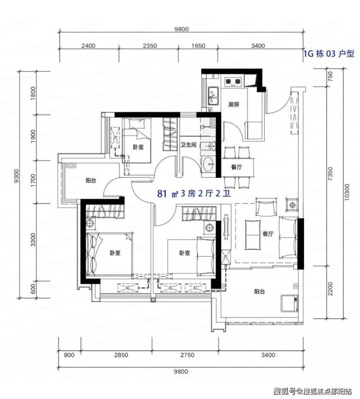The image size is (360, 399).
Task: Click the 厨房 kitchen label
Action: (234, 104)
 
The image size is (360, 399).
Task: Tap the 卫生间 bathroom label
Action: (188, 145)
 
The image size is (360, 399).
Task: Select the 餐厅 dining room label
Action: (236, 167)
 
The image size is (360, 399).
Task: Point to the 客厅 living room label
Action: (268, 234)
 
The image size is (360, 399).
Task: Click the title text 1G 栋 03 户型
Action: (328, 53)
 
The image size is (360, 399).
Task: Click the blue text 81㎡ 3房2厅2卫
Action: (194, 194)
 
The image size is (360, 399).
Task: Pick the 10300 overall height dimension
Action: (347, 192)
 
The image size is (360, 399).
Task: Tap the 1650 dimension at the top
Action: (198, 46)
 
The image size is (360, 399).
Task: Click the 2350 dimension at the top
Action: (149, 46)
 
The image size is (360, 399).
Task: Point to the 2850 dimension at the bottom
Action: (121, 355)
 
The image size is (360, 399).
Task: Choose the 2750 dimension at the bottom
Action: (187, 355)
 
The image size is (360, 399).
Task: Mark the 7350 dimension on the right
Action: (330, 173)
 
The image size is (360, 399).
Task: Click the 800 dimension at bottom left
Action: (69, 355)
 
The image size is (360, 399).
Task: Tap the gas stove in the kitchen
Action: (233, 82)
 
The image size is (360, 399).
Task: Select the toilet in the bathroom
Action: (209, 146)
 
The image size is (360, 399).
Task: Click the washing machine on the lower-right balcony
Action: (289, 303)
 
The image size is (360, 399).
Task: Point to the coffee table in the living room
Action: (253, 235)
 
